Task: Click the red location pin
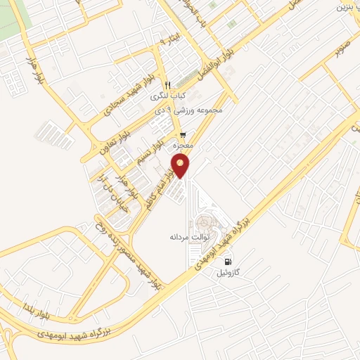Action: click(x=181, y=167)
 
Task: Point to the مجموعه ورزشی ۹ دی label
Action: click(x=190, y=111)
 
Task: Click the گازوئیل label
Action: click(x=231, y=271)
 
